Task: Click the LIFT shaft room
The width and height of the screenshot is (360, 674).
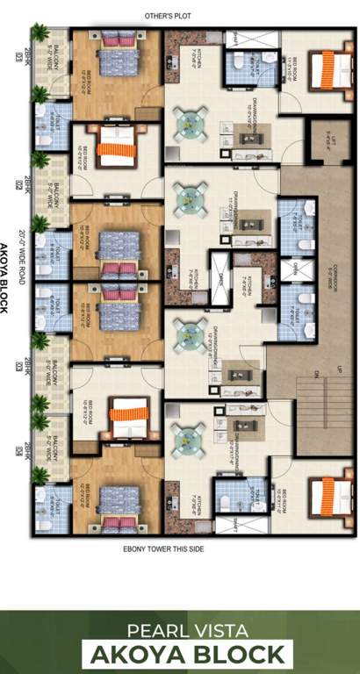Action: tap(320, 140)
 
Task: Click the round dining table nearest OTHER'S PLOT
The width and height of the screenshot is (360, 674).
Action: tap(189, 121)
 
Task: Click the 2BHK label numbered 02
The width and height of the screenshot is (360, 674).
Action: tap(18, 184)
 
